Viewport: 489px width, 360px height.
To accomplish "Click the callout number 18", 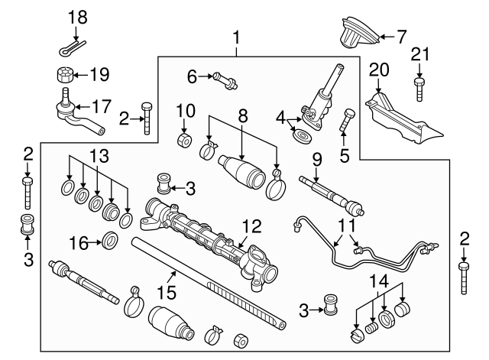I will (78, 16).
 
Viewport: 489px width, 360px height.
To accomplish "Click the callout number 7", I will (401, 35).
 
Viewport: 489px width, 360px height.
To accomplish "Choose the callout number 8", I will (242, 115).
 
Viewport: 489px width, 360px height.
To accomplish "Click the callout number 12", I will (251, 226).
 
